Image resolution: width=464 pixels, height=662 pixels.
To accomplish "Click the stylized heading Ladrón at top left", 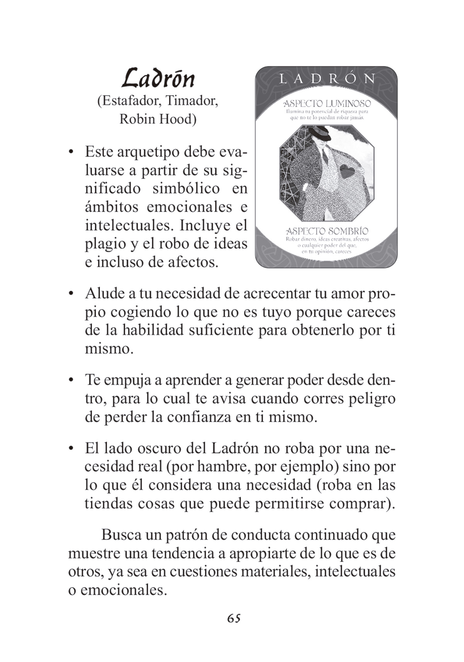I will tap(158, 78).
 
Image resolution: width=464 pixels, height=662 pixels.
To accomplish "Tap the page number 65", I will tap(234, 618).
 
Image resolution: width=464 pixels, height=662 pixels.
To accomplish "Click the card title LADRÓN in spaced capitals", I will tap(326, 79).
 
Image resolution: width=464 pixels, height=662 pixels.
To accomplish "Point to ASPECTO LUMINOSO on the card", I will tap(327, 104).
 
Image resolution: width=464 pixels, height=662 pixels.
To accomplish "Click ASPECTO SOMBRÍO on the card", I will tap(327, 231).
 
